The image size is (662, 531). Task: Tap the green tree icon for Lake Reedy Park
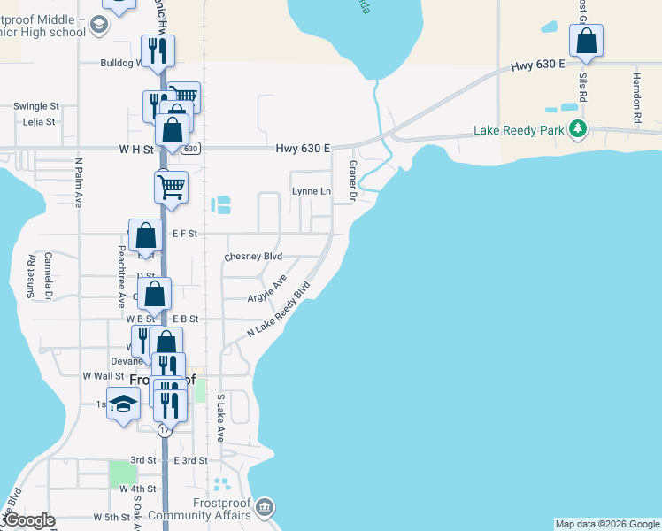point(578,130)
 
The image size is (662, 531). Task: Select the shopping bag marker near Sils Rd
point(586,41)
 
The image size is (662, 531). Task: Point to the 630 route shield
point(191,149)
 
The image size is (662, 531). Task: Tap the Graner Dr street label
point(352,180)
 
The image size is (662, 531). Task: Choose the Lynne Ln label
point(312,191)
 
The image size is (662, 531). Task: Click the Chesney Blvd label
point(253,257)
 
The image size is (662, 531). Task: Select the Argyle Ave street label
point(267,288)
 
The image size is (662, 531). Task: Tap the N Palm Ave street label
point(79,182)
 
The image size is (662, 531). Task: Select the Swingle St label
point(35,106)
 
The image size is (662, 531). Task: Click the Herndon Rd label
point(635,98)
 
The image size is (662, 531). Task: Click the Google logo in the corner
point(30,520)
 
